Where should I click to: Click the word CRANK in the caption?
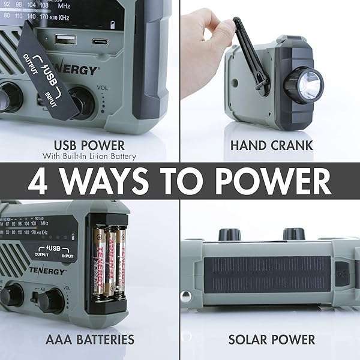pos(292,145)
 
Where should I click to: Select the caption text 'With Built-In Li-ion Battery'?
pos(89,157)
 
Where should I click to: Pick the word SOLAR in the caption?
pos(250,340)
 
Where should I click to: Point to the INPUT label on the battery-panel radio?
pos(67,255)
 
